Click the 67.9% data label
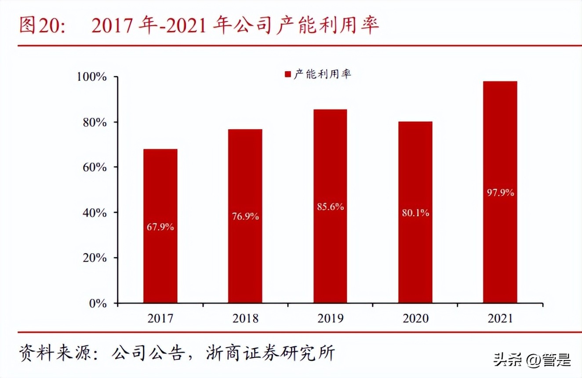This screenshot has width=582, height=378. coord(160,227)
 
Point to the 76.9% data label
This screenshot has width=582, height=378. coord(245,217)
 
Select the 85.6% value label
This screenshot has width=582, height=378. coord(330,207)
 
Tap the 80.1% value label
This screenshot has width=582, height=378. coord(415,213)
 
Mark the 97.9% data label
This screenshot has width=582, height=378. coord(500,193)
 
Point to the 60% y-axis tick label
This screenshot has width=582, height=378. coord(95,167)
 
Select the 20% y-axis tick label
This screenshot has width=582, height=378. coord(95,258)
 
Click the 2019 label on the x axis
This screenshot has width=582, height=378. coord(330,318)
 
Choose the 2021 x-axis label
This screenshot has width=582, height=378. coord(500,318)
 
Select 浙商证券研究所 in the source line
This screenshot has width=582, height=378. coord(271,353)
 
